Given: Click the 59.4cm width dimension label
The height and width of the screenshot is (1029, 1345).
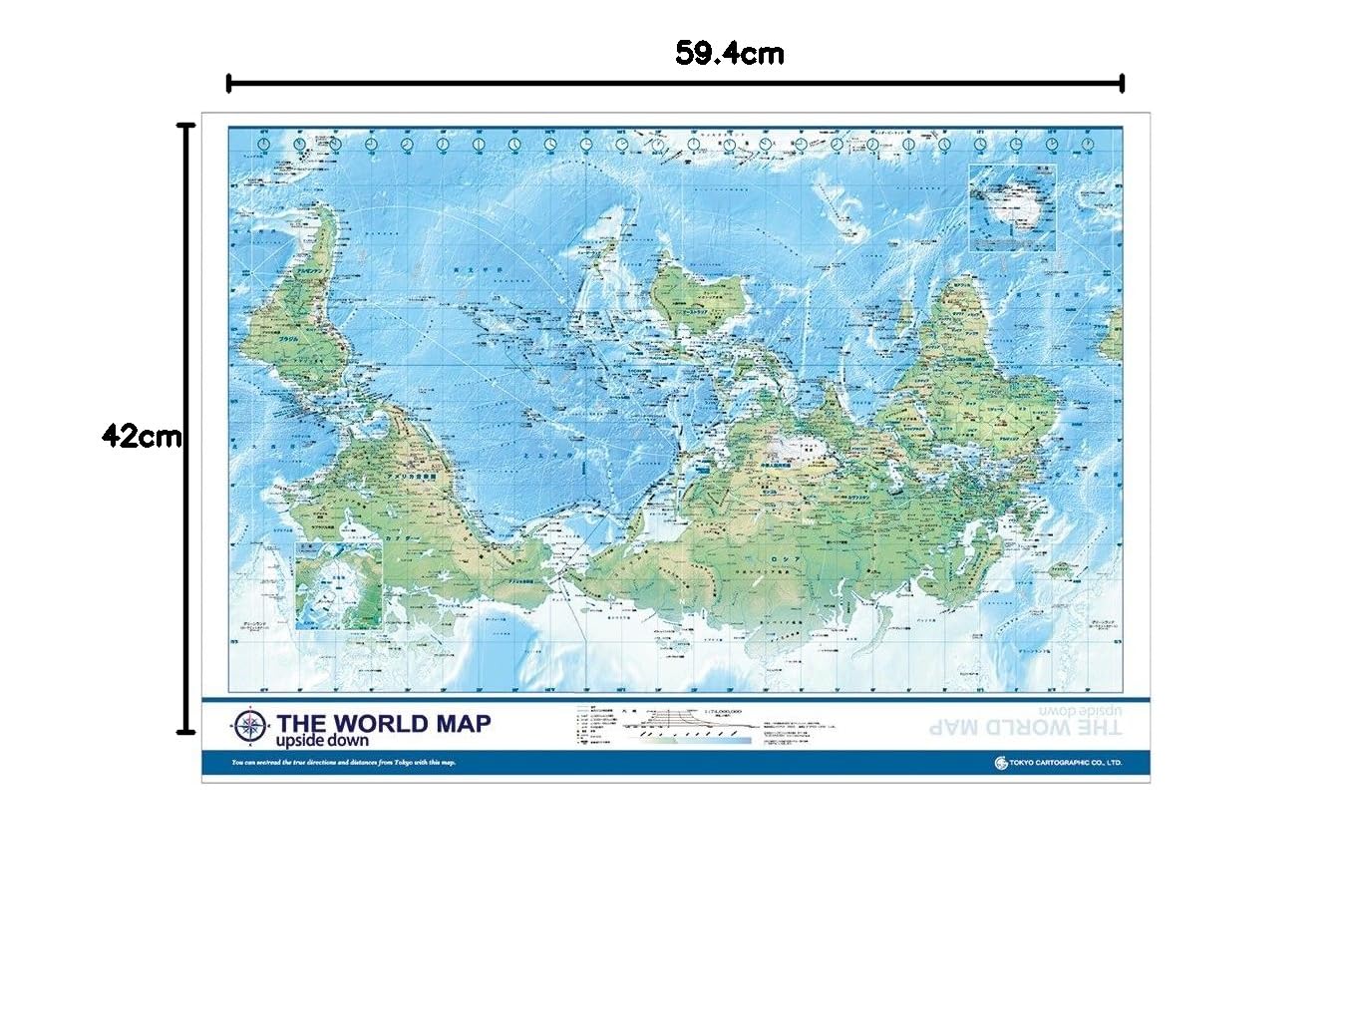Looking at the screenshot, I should coord(729,53).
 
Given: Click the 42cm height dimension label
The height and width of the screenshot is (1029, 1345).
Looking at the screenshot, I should coord(142,436).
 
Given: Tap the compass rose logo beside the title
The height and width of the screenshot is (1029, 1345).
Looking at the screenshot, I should coord(249,727).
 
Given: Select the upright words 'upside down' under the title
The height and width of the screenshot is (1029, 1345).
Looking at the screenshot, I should coord(322,742).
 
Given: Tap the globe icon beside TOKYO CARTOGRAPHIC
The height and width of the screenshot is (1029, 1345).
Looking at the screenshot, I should coord(1001,763).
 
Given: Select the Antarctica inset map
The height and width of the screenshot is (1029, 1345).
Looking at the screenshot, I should coord(1012,206).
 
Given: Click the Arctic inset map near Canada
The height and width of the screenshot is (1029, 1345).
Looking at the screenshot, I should coord(339,586).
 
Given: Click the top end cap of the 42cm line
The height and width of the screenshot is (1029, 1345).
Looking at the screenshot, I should coord(185,126).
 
